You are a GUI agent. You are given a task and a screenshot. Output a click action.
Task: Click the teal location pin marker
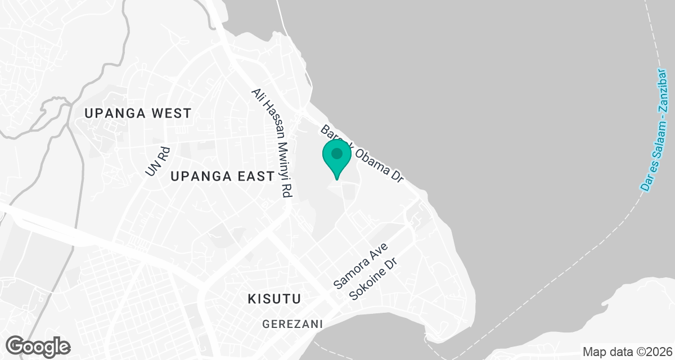[337, 158]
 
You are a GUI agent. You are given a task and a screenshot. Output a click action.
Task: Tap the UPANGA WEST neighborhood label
[138, 113]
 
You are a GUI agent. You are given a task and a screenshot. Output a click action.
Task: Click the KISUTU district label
[274, 299]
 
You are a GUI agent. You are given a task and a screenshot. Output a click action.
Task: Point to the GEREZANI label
[292, 324]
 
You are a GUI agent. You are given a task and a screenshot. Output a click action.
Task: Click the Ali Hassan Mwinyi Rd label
[272, 143]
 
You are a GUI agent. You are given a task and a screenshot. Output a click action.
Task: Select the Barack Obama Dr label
[363, 154]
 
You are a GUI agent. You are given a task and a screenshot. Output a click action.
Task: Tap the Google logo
[38, 345]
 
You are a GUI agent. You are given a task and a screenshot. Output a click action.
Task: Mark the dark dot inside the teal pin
[337, 153]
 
